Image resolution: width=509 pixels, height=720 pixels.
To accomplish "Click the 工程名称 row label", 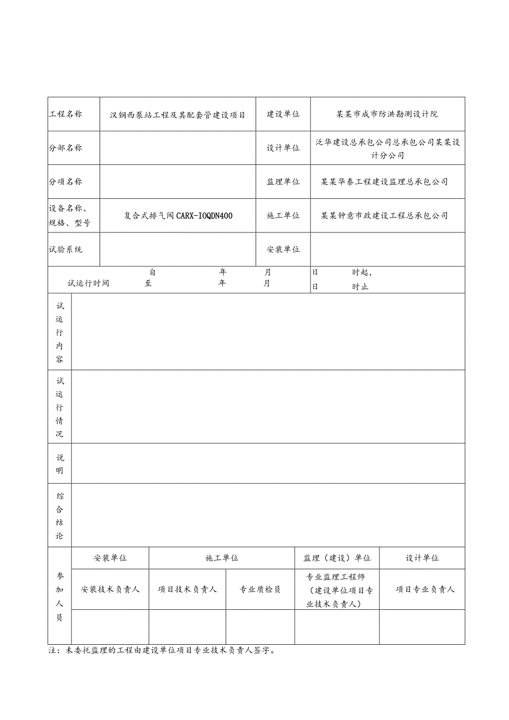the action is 66,114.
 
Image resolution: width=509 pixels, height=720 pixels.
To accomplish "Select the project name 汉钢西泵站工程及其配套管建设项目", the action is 178,115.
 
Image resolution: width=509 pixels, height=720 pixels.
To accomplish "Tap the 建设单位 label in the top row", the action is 283,114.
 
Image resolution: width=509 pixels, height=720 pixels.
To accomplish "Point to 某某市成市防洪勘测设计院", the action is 387,114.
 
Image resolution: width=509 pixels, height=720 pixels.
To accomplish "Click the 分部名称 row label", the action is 66,148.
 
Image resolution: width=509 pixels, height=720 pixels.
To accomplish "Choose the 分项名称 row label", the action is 66,182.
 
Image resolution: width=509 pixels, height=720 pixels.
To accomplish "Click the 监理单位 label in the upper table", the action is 283,182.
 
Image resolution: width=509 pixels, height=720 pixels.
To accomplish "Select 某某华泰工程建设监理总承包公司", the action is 385,182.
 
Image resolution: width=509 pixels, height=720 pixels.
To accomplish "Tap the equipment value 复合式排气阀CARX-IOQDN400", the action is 178,215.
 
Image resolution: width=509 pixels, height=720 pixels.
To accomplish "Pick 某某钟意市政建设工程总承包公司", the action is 385,215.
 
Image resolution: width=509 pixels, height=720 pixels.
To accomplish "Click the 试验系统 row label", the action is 66,250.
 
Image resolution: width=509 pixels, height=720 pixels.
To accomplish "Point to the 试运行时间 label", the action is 89,283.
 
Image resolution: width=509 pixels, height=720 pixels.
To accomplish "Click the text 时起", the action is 362,272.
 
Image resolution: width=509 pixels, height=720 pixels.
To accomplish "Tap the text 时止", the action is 360,287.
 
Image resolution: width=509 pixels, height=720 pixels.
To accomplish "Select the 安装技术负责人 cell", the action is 110,589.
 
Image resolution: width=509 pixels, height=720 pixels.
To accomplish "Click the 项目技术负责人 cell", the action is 187,589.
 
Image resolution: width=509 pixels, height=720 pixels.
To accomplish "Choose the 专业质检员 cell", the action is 260,589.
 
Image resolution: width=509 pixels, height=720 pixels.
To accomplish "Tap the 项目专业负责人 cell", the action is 425,589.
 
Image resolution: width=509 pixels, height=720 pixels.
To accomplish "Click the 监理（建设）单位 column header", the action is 337,558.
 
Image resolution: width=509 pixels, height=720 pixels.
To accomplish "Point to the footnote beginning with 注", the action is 162,651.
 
